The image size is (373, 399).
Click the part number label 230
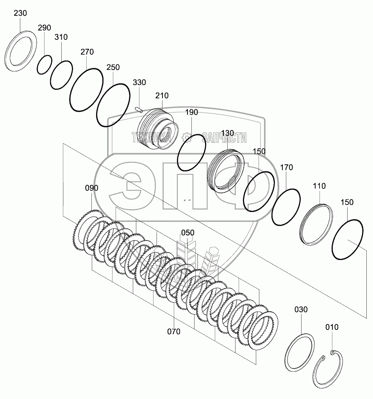[20, 13]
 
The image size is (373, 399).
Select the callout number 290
[44, 27]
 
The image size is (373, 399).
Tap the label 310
[61, 37]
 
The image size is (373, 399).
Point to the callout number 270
[87, 52]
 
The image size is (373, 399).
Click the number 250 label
[113, 68]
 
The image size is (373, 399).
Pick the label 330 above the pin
[139, 82]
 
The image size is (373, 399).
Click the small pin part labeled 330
[139, 109]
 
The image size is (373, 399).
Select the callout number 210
[162, 96]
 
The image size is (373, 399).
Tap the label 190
[191, 112]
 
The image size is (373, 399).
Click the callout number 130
[227, 133]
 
